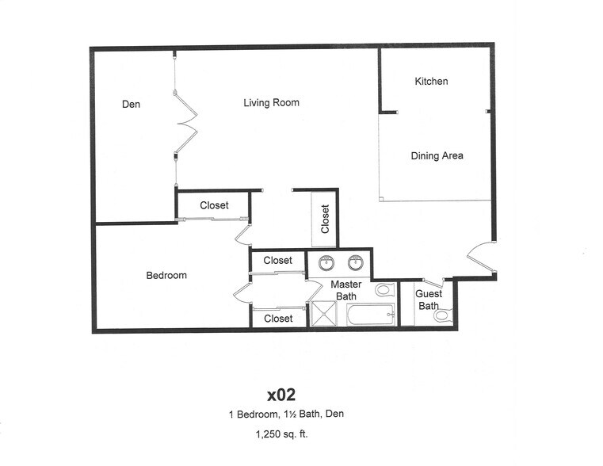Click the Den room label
coord(132,104)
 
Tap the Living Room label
coord(271,102)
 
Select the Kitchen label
coord(431,81)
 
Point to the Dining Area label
coord(437,155)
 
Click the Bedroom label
coord(166,275)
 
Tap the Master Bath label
coord(346,290)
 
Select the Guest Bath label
coord(429,300)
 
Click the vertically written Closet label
coord(325,220)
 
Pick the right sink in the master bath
coord(357,262)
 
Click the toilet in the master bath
coord(384,290)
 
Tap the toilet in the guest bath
coord(441,315)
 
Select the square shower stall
coord(324,314)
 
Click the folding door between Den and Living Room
coord(186,123)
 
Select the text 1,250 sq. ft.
coord(281,434)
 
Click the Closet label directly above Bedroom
coord(214,205)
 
